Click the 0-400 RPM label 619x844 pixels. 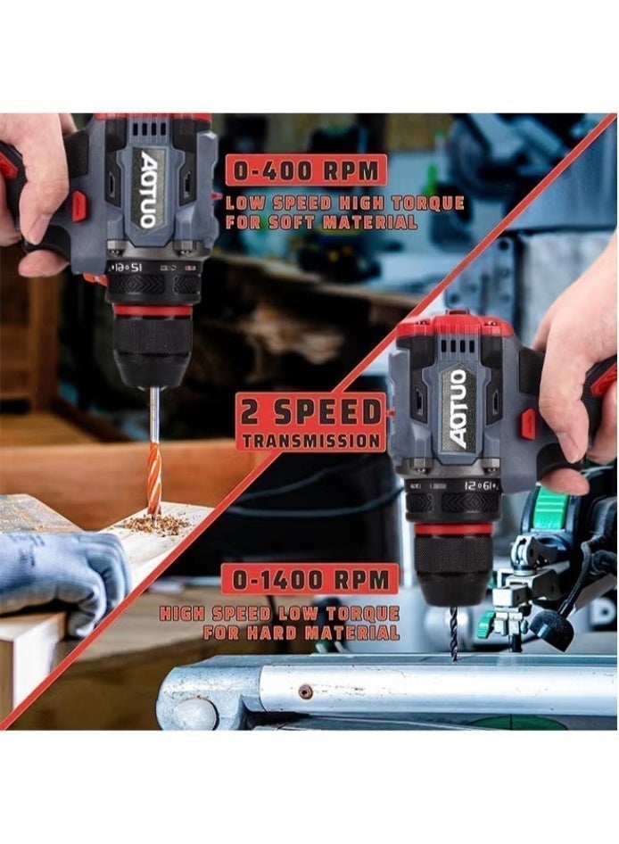[305, 170]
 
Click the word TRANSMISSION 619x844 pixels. [311, 440]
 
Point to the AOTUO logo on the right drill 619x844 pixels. [458, 408]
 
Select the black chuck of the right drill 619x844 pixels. [454, 571]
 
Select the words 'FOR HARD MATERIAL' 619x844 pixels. [301, 633]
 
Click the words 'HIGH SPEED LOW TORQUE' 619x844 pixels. [279, 613]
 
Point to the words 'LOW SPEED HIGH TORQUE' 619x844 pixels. [344, 203]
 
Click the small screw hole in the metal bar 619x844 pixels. [305, 691]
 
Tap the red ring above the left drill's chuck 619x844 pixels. [153, 310]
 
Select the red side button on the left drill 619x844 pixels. [79, 206]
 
